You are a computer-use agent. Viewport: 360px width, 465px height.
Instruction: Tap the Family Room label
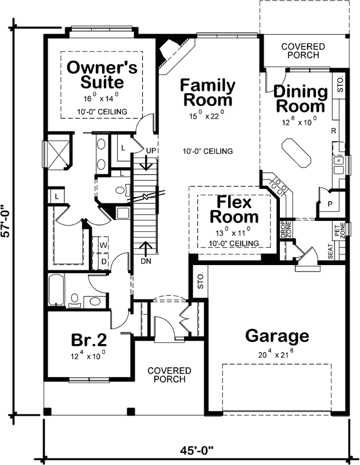[x=208, y=92]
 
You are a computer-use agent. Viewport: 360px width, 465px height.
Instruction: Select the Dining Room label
[x=300, y=99]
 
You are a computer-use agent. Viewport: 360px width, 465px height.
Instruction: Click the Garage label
[x=276, y=336]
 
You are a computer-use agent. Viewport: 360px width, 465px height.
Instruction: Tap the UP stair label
[x=152, y=151]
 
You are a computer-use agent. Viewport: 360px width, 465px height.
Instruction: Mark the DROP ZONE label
[x=285, y=230]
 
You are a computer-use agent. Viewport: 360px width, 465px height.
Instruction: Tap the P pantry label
[x=330, y=205]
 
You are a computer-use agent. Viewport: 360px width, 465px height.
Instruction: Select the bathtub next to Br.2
[x=57, y=290]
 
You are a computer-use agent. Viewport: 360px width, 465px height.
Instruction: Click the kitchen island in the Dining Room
[x=297, y=153]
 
